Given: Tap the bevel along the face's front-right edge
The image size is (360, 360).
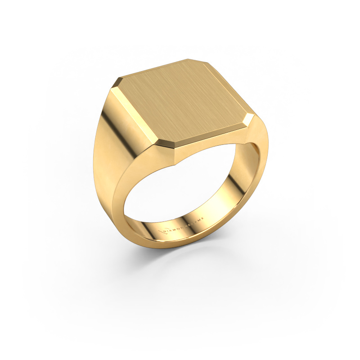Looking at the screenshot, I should click(211, 135).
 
